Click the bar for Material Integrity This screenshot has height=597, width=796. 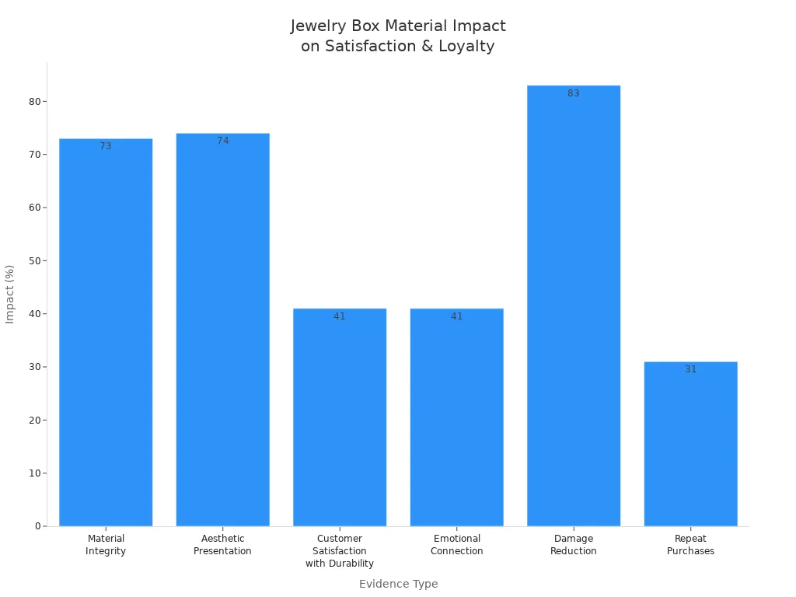point(106,334)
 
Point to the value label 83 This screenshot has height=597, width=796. point(574,93)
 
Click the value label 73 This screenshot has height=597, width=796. point(106,146)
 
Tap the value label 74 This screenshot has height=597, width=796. point(223,141)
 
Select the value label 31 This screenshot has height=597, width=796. point(690,369)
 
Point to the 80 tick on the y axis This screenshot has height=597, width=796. point(35,102)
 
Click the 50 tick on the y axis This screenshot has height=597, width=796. point(35,261)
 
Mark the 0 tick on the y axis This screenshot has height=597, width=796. point(37,526)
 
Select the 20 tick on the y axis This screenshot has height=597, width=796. point(35,421)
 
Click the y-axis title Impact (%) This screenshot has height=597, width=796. point(10,294)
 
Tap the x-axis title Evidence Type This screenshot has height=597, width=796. point(398,584)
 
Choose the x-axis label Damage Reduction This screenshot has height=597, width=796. point(574,545)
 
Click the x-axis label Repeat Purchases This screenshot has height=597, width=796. point(690,545)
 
